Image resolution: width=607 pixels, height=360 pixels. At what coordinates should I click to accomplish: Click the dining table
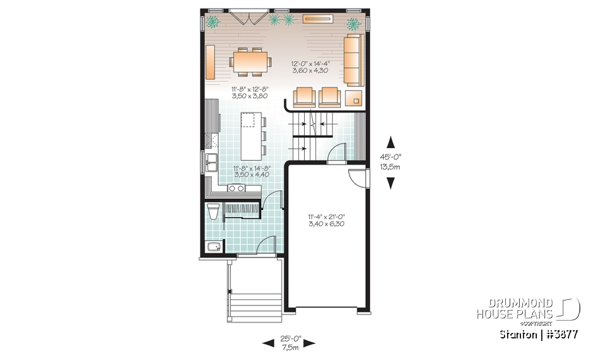coord(251,61)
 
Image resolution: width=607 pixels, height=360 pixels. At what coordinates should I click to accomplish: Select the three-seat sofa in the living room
coord(354,61)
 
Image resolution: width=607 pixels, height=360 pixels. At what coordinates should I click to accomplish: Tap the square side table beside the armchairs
coord(353,97)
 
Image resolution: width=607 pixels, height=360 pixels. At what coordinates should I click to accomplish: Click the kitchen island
coord(251,136)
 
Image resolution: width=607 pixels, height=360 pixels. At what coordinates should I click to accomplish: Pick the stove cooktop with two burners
coord(236,188)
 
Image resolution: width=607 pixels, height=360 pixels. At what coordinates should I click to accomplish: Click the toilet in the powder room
coord(212,211)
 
